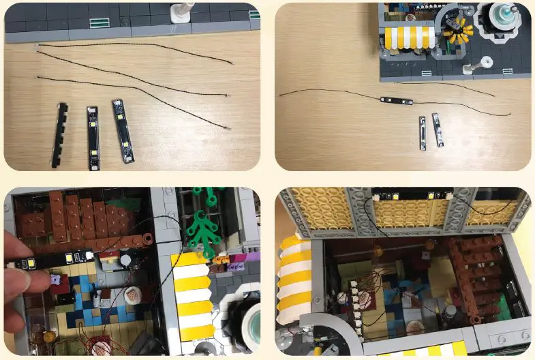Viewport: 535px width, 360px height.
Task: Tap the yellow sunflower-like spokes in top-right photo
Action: pos(456,29)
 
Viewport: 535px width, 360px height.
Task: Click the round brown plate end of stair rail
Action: pos(145,240)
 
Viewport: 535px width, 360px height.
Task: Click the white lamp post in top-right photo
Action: pos(486,62)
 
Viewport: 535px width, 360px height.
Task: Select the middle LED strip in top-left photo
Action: pos(93,137)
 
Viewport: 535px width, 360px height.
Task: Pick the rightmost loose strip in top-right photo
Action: pos(436,129)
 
